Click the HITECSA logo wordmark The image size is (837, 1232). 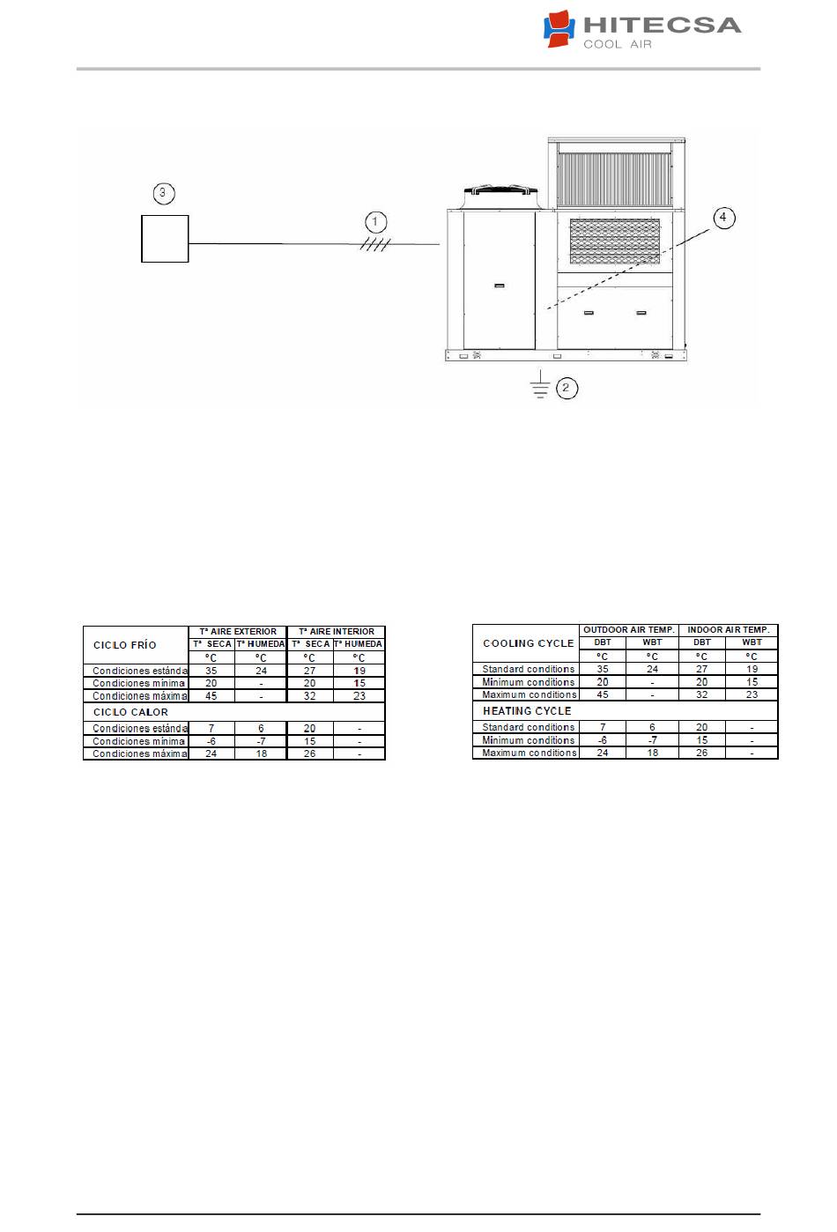coord(663,26)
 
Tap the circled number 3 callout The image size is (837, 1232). coord(163,193)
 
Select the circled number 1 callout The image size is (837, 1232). coord(375,222)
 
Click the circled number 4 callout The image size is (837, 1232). coord(723,218)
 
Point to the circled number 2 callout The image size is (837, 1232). coord(567,389)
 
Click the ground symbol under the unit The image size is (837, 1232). coord(541,384)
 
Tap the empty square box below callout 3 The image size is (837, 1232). coord(165,239)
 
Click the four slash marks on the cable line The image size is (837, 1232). coord(375,244)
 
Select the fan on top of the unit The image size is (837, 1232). coord(500,197)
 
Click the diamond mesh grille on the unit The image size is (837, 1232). coord(614,241)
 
